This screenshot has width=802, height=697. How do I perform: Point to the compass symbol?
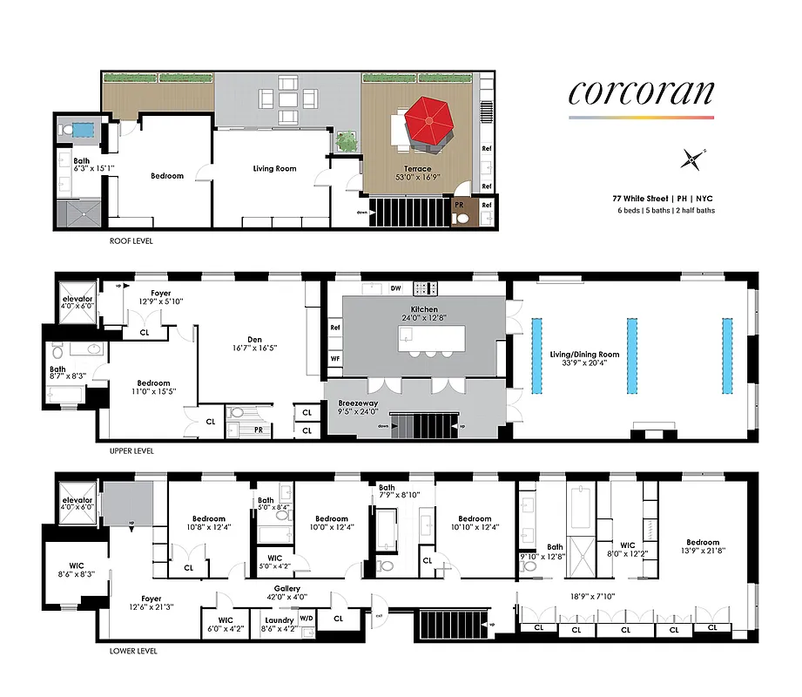click(x=692, y=159)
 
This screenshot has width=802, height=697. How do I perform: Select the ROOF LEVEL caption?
click(x=131, y=240)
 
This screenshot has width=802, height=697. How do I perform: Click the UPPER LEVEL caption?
click(x=131, y=452)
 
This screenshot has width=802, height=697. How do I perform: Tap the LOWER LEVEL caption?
click(x=133, y=651)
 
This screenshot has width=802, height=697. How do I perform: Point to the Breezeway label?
click(x=357, y=404)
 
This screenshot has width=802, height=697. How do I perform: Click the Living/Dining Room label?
click(x=584, y=354)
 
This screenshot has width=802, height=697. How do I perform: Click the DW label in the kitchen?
click(x=395, y=288)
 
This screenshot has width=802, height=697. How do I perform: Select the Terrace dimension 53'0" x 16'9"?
click(x=407, y=179)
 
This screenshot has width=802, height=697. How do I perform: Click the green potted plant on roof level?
click(x=347, y=140)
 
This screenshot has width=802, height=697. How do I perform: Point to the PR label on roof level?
click(x=459, y=204)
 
